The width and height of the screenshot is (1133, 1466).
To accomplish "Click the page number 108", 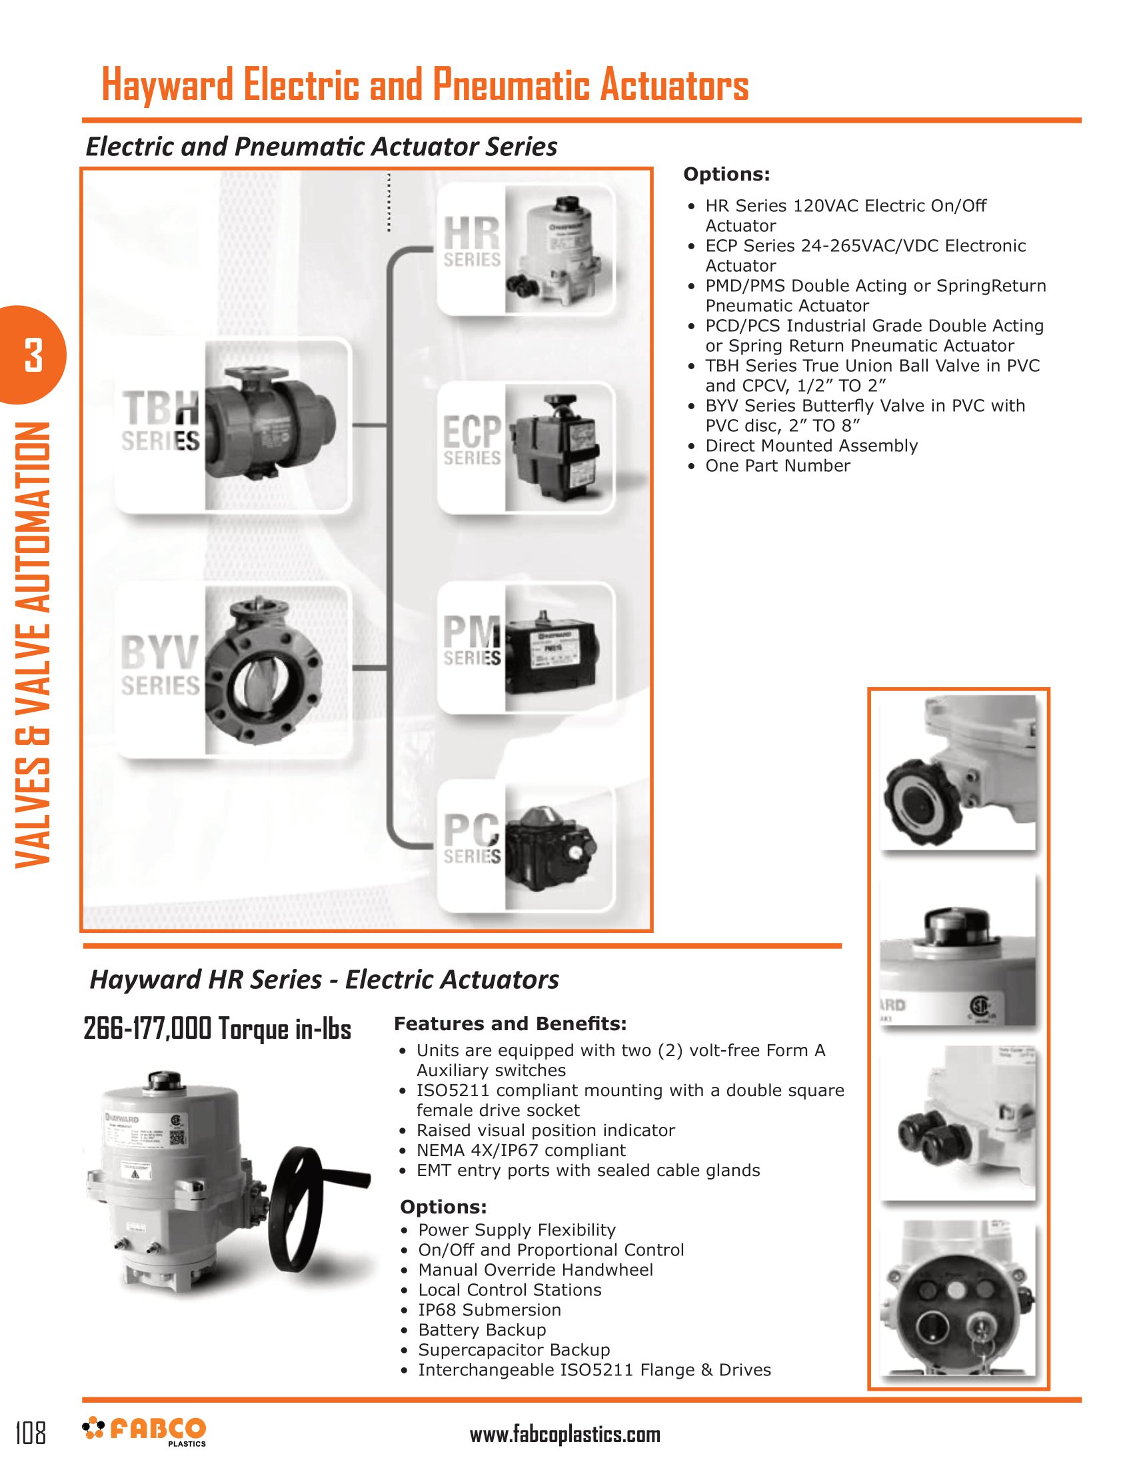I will click(31, 1433).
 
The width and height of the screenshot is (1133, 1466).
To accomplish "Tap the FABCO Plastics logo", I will click(145, 1431).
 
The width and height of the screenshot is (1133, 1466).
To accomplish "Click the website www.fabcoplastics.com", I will click(565, 1435).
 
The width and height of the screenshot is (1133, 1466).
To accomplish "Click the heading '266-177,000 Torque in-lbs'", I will click(217, 1029).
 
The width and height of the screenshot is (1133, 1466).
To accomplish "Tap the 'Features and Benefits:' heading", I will click(510, 1024).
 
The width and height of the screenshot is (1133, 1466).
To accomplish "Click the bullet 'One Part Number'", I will click(777, 466).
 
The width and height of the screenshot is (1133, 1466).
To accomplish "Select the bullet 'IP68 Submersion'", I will click(489, 1309).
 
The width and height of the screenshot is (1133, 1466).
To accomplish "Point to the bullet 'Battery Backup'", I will click(482, 1330).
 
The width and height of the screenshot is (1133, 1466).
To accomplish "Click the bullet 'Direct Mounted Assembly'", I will click(811, 446).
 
